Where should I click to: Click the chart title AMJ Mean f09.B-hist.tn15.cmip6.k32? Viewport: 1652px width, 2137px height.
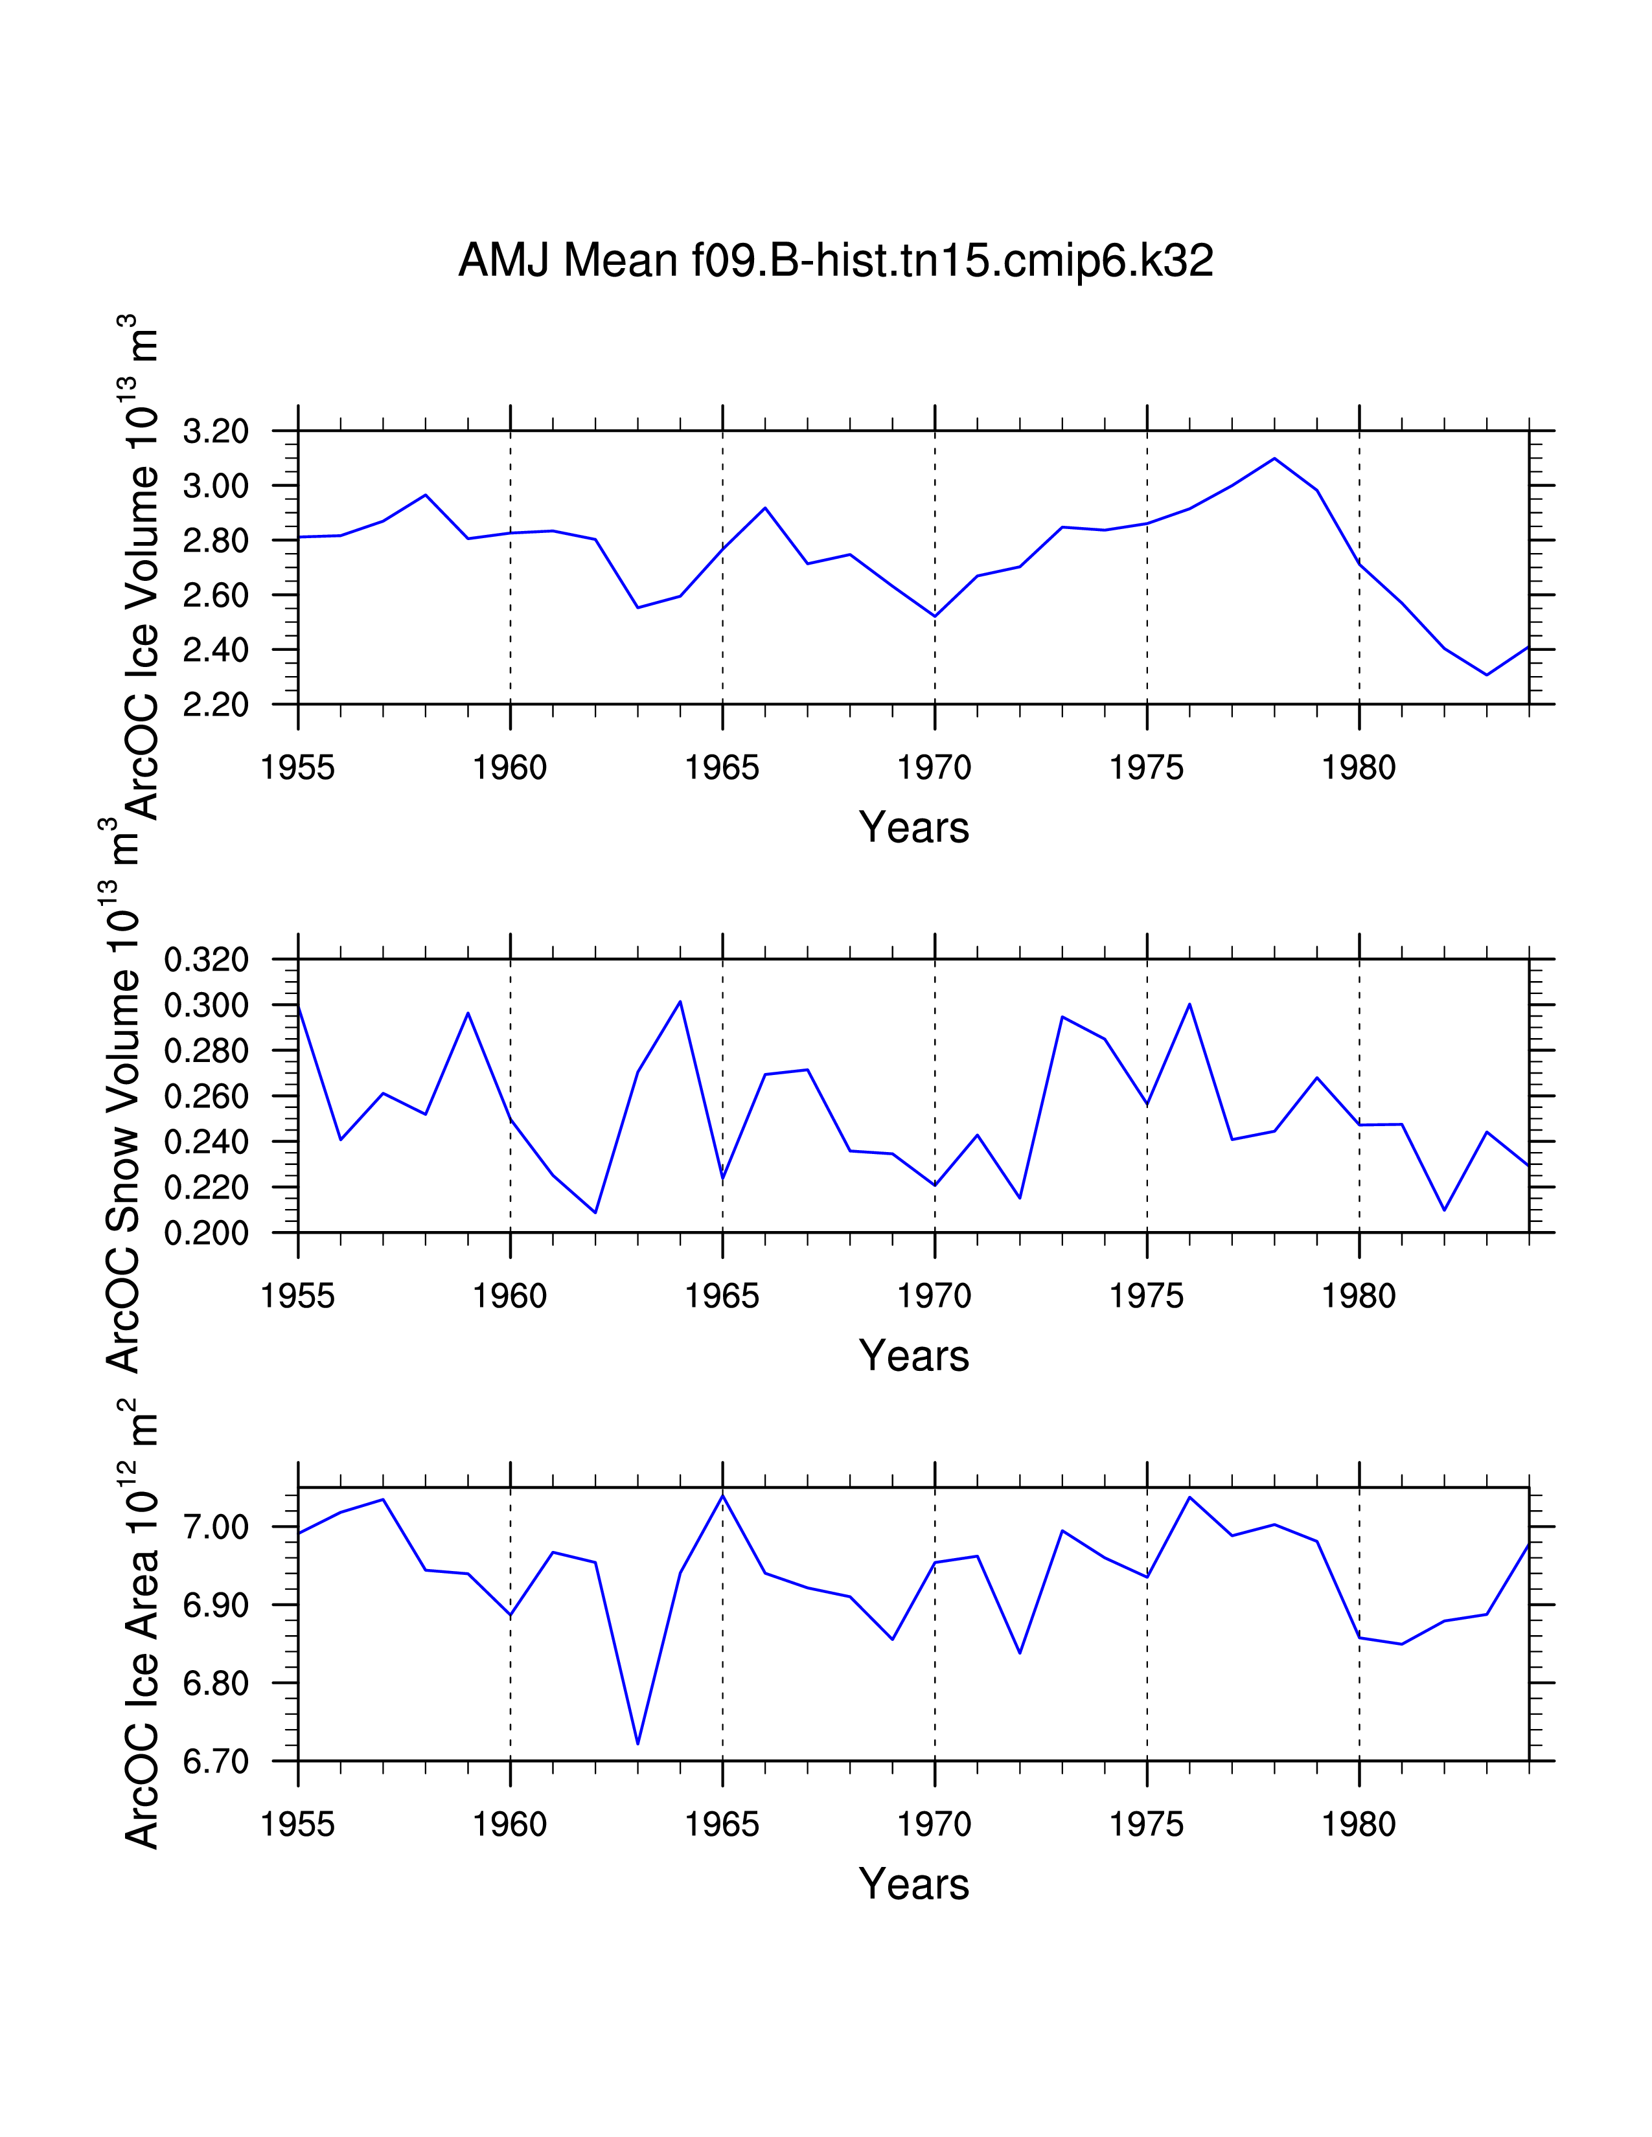point(835,261)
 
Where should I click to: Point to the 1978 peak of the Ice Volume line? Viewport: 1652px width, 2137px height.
point(1274,459)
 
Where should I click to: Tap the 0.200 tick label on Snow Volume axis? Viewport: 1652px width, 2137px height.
point(207,1233)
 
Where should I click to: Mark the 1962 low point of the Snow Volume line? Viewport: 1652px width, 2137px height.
point(595,1212)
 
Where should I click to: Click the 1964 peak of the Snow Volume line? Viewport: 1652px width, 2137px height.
point(680,1002)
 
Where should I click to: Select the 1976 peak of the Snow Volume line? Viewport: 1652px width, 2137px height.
point(1189,1004)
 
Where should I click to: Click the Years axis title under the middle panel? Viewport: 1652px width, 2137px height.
point(913,1356)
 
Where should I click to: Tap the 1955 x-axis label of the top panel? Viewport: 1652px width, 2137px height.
point(297,768)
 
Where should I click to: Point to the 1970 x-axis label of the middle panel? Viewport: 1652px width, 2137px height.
point(935,1296)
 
